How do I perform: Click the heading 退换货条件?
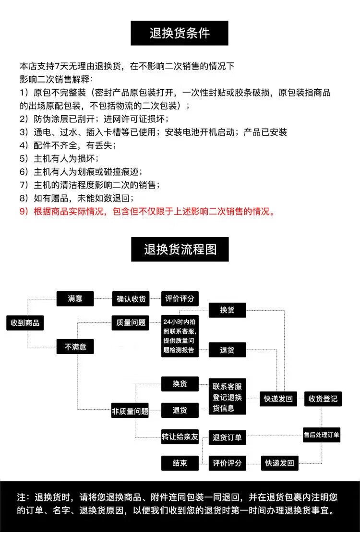(x=180, y=33)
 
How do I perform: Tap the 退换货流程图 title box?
(x=180, y=249)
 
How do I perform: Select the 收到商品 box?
(x=25, y=322)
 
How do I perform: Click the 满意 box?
(x=75, y=298)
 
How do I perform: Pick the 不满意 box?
(x=75, y=347)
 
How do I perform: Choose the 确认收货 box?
(x=131, y=299)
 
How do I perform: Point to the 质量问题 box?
(x=131, y=322)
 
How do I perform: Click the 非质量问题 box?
(x=130, y=411)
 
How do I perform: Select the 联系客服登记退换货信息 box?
(x=227, y=397)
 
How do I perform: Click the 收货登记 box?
(x=323, y=399)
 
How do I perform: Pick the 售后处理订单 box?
(x=322, y=435)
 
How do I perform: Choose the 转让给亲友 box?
(x=180, y=437)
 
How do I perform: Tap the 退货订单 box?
(x=227, y=438)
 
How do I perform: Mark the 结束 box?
(x=180, y=463)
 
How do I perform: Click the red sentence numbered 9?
(x=147, y=212)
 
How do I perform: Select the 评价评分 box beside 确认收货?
(x=180, y=298)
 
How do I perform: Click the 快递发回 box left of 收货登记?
(x=278, y=399)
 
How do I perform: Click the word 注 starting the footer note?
(x=21, y=497)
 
